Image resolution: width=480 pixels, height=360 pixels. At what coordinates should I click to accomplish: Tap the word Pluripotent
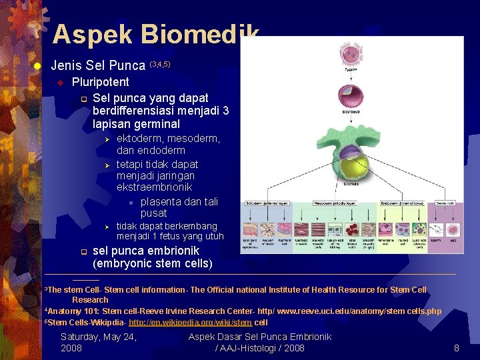(x=101, y=82)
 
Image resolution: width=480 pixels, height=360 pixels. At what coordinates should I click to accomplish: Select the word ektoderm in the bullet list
(x=140, y=139)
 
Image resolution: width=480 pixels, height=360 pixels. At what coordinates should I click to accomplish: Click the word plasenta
(x=163, y=201)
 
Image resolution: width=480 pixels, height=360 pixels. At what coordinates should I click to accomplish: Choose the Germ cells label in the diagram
(x=446, y=203)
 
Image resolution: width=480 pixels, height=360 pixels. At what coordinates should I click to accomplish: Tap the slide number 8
(x=457, y=348)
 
